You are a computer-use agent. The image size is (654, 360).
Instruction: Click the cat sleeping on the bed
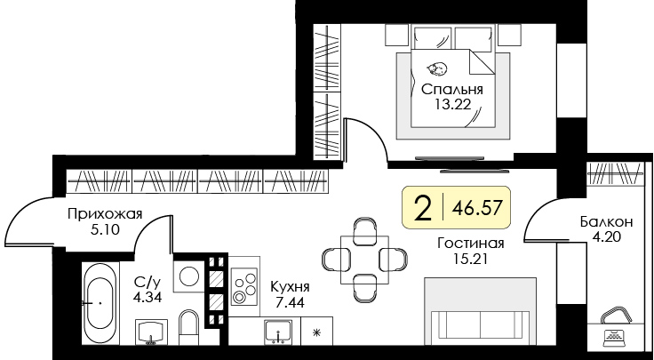coord(436,69)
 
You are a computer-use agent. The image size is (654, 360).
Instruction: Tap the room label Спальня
coord(451,90)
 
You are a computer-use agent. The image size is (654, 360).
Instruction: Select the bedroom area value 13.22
coord(451,106)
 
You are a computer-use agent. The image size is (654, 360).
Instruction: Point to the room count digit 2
coord(424,208)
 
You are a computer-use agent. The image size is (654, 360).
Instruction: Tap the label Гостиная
coord(471,244)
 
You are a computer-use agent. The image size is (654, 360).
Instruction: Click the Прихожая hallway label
coord(105,213)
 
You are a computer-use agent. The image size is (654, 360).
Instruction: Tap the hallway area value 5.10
coord(105,229)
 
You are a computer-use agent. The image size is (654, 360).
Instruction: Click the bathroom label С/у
coord(147,283)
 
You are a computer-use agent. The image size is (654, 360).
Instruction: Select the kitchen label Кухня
coord(291,289)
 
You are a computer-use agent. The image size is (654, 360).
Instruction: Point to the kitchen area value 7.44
coord(291,305)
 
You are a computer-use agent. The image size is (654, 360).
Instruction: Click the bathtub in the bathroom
coord(100,302)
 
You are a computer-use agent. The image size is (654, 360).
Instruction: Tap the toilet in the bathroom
coord(187,327)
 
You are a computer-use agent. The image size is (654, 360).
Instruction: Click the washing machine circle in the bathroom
coord(189,276)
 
